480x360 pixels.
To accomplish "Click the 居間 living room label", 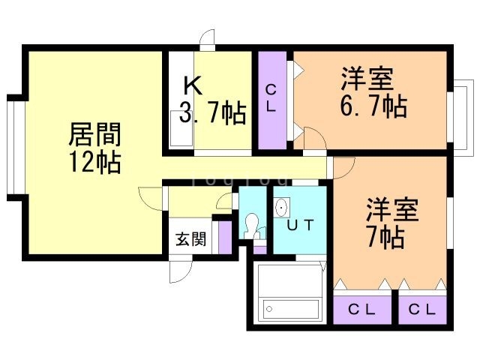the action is coord(94,134).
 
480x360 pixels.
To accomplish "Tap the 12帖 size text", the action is coord(94,162).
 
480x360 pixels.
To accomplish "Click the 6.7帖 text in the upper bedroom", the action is coord(374,106).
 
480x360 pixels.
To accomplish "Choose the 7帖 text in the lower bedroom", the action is coord(385,236).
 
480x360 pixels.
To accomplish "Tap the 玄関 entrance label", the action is coord(190,238).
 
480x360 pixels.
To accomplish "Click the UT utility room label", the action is coord(300,225).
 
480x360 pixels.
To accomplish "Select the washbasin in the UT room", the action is coord(282,207).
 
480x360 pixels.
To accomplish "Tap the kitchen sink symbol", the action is coord(181,128).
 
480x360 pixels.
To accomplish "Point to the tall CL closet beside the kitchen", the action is coord(272,100).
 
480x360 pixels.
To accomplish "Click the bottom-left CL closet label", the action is coord(361,310).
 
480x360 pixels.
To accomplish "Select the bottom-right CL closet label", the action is coord(421,310).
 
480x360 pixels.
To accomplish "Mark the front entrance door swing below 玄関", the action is coord(181,271).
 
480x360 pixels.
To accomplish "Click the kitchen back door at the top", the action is coord(207,39).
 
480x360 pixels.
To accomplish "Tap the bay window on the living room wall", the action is coord(15,147).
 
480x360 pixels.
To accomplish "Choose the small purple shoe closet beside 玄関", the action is coord(225,238).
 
